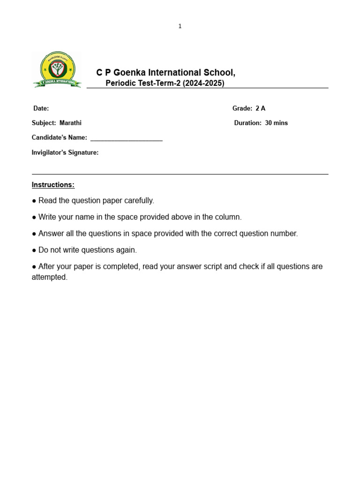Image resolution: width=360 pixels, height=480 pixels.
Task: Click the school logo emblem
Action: (57, 70)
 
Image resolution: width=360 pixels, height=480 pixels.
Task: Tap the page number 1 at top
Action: (180, 26)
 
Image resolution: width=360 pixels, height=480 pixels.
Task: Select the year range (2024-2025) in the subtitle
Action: (203, 83)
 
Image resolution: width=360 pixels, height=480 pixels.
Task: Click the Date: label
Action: (41, 108)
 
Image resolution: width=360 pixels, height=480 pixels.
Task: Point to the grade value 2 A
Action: (260, 108)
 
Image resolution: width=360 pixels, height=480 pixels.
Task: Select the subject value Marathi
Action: (70, 123)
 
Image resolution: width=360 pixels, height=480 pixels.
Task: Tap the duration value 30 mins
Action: (277, 123)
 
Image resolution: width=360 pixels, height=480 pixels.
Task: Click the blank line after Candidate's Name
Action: (126, 138)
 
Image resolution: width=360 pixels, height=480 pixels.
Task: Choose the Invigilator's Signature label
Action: (65, 152)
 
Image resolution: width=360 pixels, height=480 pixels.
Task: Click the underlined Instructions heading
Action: (53, 185)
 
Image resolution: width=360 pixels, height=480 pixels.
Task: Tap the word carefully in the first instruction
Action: (138, 201)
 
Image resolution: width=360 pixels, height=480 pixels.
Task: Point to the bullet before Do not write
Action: (34, 250)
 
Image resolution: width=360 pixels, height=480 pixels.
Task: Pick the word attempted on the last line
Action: (49, 277)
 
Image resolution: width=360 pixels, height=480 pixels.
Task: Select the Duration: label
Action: (248, 123)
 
